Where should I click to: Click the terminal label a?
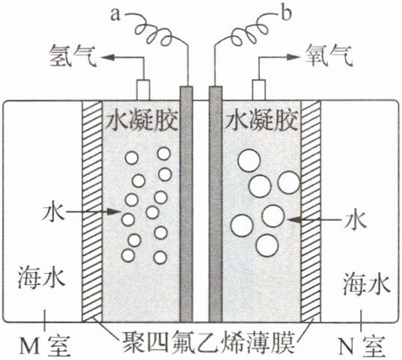click(x=115, y=15)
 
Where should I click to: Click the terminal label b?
click(x=286, y=13)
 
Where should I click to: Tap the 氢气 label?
click(x=73, y=56)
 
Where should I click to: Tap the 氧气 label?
click(x=329, y=56)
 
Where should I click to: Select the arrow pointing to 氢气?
click(x=123, y=58)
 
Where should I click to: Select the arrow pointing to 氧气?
click(x=279, y=58)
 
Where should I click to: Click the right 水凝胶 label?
click(x=262, y=120)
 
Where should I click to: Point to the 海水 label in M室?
click(x=41, y=278)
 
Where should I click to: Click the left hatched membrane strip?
click(x=92, y=211)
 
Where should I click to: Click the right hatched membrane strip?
click(x=311, y=211)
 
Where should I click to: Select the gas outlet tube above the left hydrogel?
click(x=143, y=90)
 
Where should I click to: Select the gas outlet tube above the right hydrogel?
click(x=259, y=90)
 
